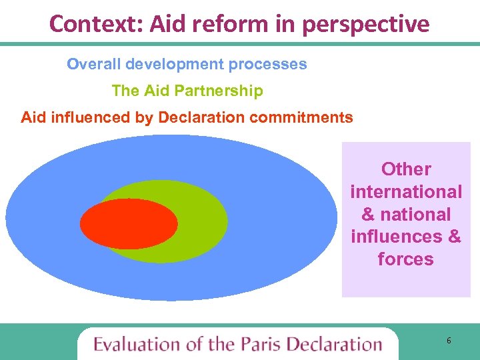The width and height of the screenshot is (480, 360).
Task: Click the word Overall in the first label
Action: (93, 65)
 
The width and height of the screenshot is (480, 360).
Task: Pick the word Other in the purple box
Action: (406, 169)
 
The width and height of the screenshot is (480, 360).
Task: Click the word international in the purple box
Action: (406, 192)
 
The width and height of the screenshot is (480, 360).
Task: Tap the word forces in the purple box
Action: (406, 259)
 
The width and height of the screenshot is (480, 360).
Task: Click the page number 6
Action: (449, 341)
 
